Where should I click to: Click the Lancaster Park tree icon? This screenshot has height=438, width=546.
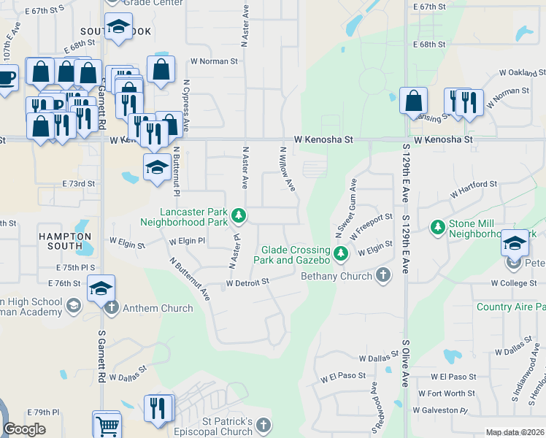pos(239,215)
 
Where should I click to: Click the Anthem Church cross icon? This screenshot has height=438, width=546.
pos(112,307)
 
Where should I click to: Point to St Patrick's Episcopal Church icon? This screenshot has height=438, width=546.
pos(264,423)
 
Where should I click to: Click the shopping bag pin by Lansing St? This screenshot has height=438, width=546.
pos(413,100)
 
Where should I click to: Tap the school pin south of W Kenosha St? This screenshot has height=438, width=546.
pos(157,167)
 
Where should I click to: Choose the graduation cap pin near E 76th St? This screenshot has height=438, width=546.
pos(101,288)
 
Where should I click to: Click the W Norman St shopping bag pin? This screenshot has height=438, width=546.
pos(161,69)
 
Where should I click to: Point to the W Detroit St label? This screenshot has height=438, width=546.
pos(247,282)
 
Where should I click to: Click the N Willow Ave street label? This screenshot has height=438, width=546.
pos(287,169)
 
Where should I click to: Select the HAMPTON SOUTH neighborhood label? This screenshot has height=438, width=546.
pos(65,242)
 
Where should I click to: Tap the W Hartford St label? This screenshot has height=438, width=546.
pos(473,190)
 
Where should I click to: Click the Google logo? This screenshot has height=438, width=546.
pos(24,429)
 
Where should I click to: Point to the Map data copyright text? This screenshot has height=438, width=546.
pos(515,432)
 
